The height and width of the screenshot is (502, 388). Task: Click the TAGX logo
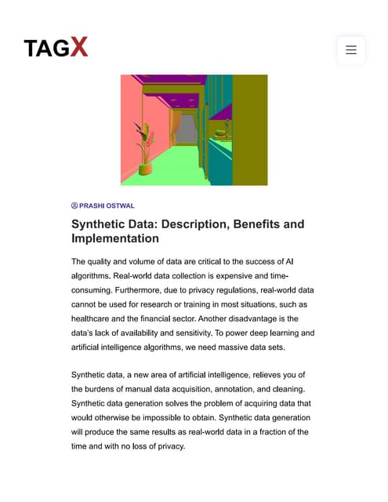click(x=56, y=48)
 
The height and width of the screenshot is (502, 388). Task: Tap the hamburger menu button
click(x=350, y=49)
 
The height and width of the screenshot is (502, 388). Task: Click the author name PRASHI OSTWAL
click(x=107, y=206)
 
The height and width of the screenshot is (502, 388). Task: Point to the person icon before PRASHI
click(x=74, y=206)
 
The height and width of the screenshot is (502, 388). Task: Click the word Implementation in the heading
click(x=115, y=238)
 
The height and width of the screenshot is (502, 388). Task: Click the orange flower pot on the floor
click(x=145, y=168)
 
